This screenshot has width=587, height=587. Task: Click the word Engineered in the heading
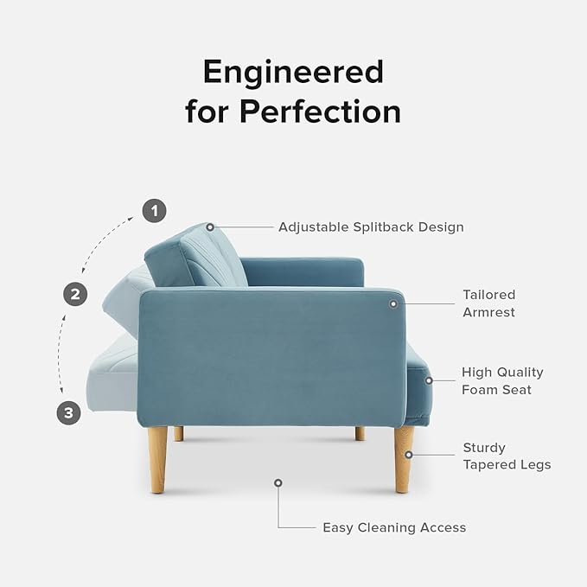click(x=293, y=73)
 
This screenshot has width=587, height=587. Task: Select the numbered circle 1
click(x=154, y=210)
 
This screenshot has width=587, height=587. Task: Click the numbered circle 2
click(x=76, y=294)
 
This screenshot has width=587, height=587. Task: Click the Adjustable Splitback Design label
click(x=371, y=227)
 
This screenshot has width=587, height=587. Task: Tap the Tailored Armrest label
click(x=488, y=303)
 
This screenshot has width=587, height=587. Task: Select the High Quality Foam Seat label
click(x=502, y=380)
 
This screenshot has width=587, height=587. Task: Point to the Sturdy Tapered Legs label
click(x=507, y=456)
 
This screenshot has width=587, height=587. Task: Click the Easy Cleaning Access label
click(x=394, y=527)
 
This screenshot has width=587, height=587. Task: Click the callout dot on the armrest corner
click(x=393, y=303)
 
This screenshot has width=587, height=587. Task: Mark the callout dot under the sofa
click(x=278, y=482)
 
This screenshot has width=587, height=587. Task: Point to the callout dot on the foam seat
click(x=428, y=380)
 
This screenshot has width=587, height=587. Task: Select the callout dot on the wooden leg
click(x=409, y=453)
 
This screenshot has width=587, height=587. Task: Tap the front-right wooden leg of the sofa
click(x=403, y=458)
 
